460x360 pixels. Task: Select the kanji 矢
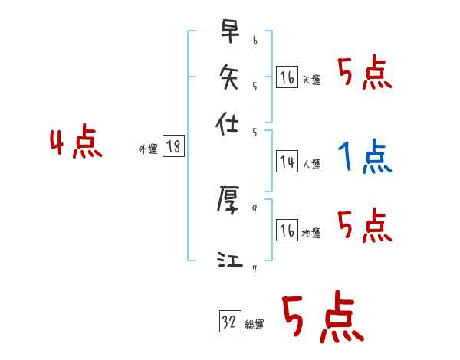(228, 79)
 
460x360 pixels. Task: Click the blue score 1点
(364, 159)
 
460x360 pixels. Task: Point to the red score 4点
(76, 145)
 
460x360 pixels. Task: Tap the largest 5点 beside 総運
(322, 319)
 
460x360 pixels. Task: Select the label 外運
(148, 150)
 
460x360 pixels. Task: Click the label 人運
(312, 164)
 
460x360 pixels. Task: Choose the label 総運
(255, 325)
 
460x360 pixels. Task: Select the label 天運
(312, 80)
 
